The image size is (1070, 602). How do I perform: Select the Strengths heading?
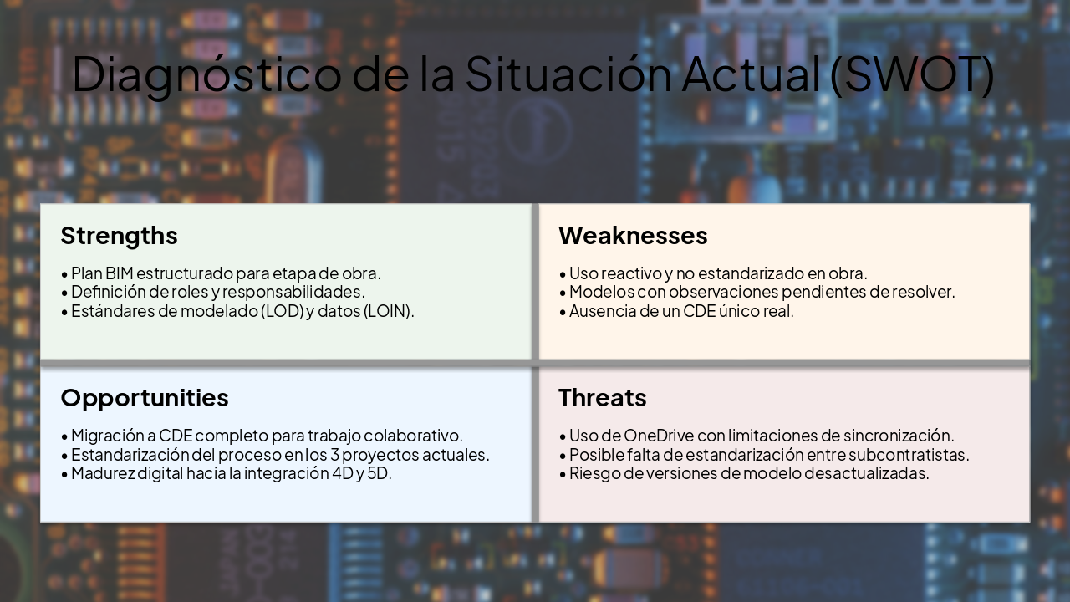click(x=119, y=236)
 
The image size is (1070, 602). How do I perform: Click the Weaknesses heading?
click(x=633, y=236)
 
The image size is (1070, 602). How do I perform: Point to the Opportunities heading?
click(x=144, y=397)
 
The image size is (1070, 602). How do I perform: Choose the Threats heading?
click(x=602, y=397)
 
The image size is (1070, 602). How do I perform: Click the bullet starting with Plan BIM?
click(x=226, y=273)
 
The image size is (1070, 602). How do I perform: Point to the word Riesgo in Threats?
click(x=594, y=473)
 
